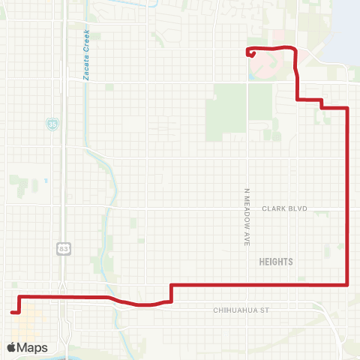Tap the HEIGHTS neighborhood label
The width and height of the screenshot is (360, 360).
click(275, 262)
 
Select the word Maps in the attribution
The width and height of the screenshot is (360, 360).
click(33, 347)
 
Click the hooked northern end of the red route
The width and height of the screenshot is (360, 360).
click(250, 52)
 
